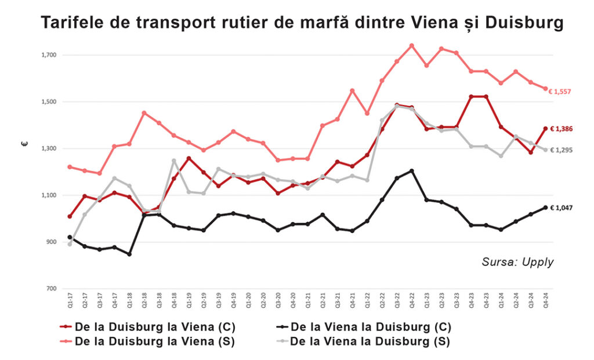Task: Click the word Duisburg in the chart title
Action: point(524,23)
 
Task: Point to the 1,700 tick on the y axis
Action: point(48,55)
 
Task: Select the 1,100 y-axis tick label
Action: point(48,195)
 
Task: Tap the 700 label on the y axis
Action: point(50,289)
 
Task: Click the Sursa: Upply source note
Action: point(517,262)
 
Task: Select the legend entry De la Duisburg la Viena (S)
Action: point(155,341)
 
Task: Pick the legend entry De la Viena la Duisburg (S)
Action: point(370,341)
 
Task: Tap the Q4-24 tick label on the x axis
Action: point(545,300)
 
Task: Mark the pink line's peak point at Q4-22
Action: point(411,45)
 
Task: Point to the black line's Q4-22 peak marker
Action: point(411,170)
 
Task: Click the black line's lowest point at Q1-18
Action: point(129,254)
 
